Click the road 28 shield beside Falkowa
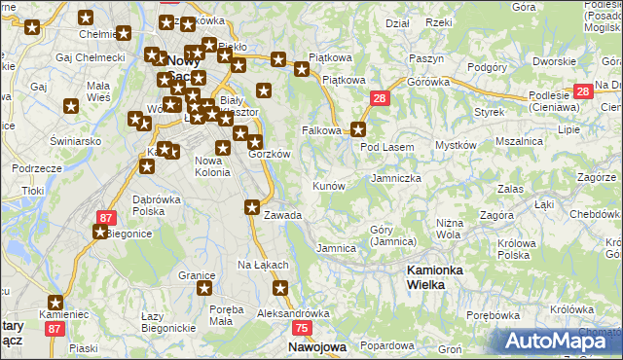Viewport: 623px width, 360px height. [x=380, y=98]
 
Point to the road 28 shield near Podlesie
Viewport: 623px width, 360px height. [x=583, y=91]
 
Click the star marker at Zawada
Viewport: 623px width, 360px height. [x=252, y=206]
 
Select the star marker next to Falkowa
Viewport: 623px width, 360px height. [x=358, y=129]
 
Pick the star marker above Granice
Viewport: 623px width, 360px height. [x=205, y=288]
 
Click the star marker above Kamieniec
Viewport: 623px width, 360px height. [x=55, y=303]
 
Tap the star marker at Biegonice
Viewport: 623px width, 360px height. [x=100, y=232]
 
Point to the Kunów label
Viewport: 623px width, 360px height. [x=328, y=185]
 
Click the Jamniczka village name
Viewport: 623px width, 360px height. [x=396, y=179]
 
